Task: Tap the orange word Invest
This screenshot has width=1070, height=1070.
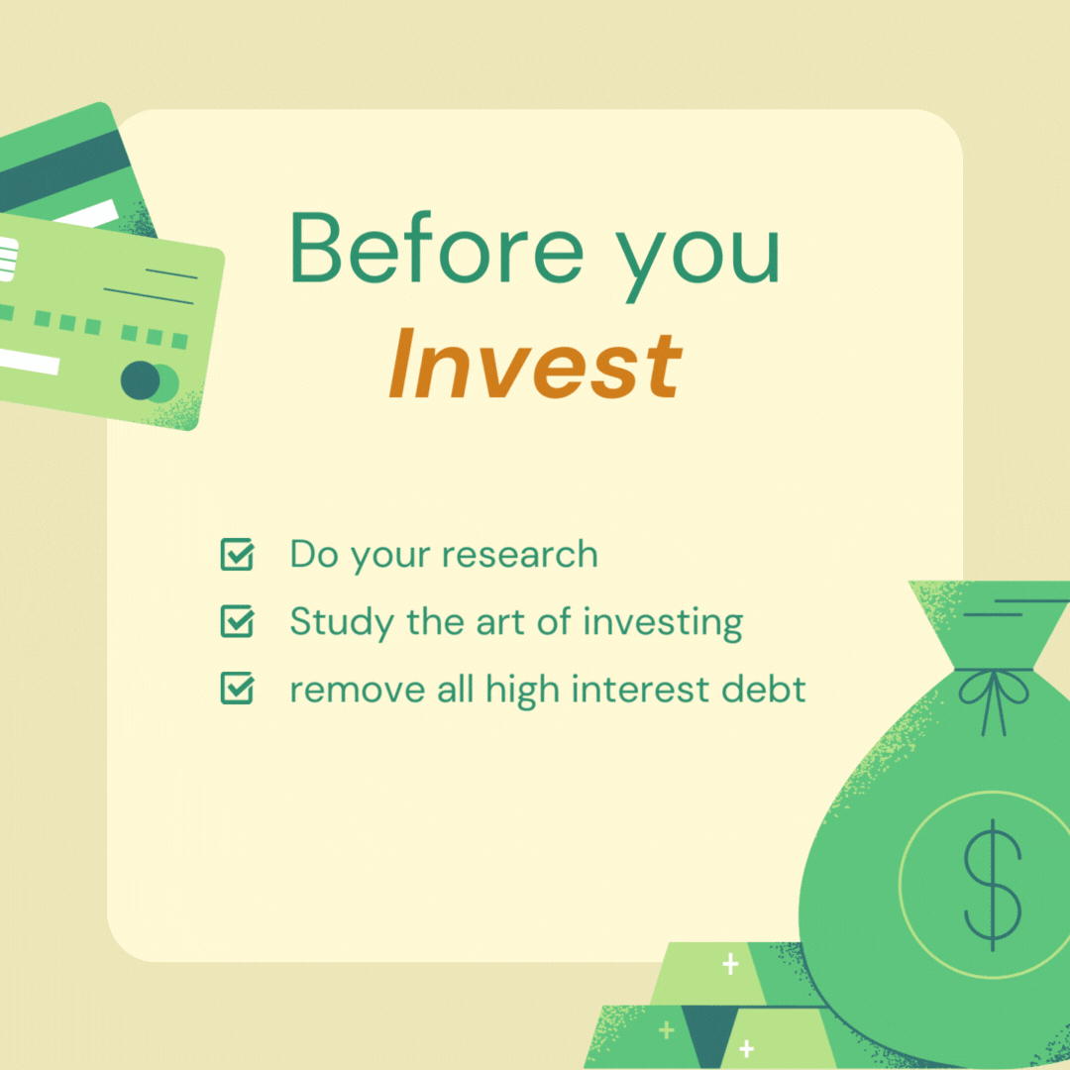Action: click(536, 363)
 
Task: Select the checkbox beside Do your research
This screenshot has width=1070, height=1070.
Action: click(238, 554)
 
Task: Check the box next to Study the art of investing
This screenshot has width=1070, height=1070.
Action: click(238, 621)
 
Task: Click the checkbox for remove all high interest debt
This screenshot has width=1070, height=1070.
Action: click(238, 688)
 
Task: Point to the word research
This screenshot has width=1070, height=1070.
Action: click(520, 554)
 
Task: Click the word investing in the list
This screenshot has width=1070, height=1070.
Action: click(663, 623)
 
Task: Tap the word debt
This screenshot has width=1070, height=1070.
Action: click(764, 689)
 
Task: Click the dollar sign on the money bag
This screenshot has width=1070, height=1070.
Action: click(992, 885)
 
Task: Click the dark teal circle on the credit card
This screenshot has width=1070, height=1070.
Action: click(141, 380)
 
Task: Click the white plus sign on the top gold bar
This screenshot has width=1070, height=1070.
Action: click(731, 964)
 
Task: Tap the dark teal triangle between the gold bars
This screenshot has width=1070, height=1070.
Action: click(709, 1031)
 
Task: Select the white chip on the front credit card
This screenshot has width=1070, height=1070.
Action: click(8, 259)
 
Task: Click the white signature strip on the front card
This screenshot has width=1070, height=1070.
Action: click(29, 362)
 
